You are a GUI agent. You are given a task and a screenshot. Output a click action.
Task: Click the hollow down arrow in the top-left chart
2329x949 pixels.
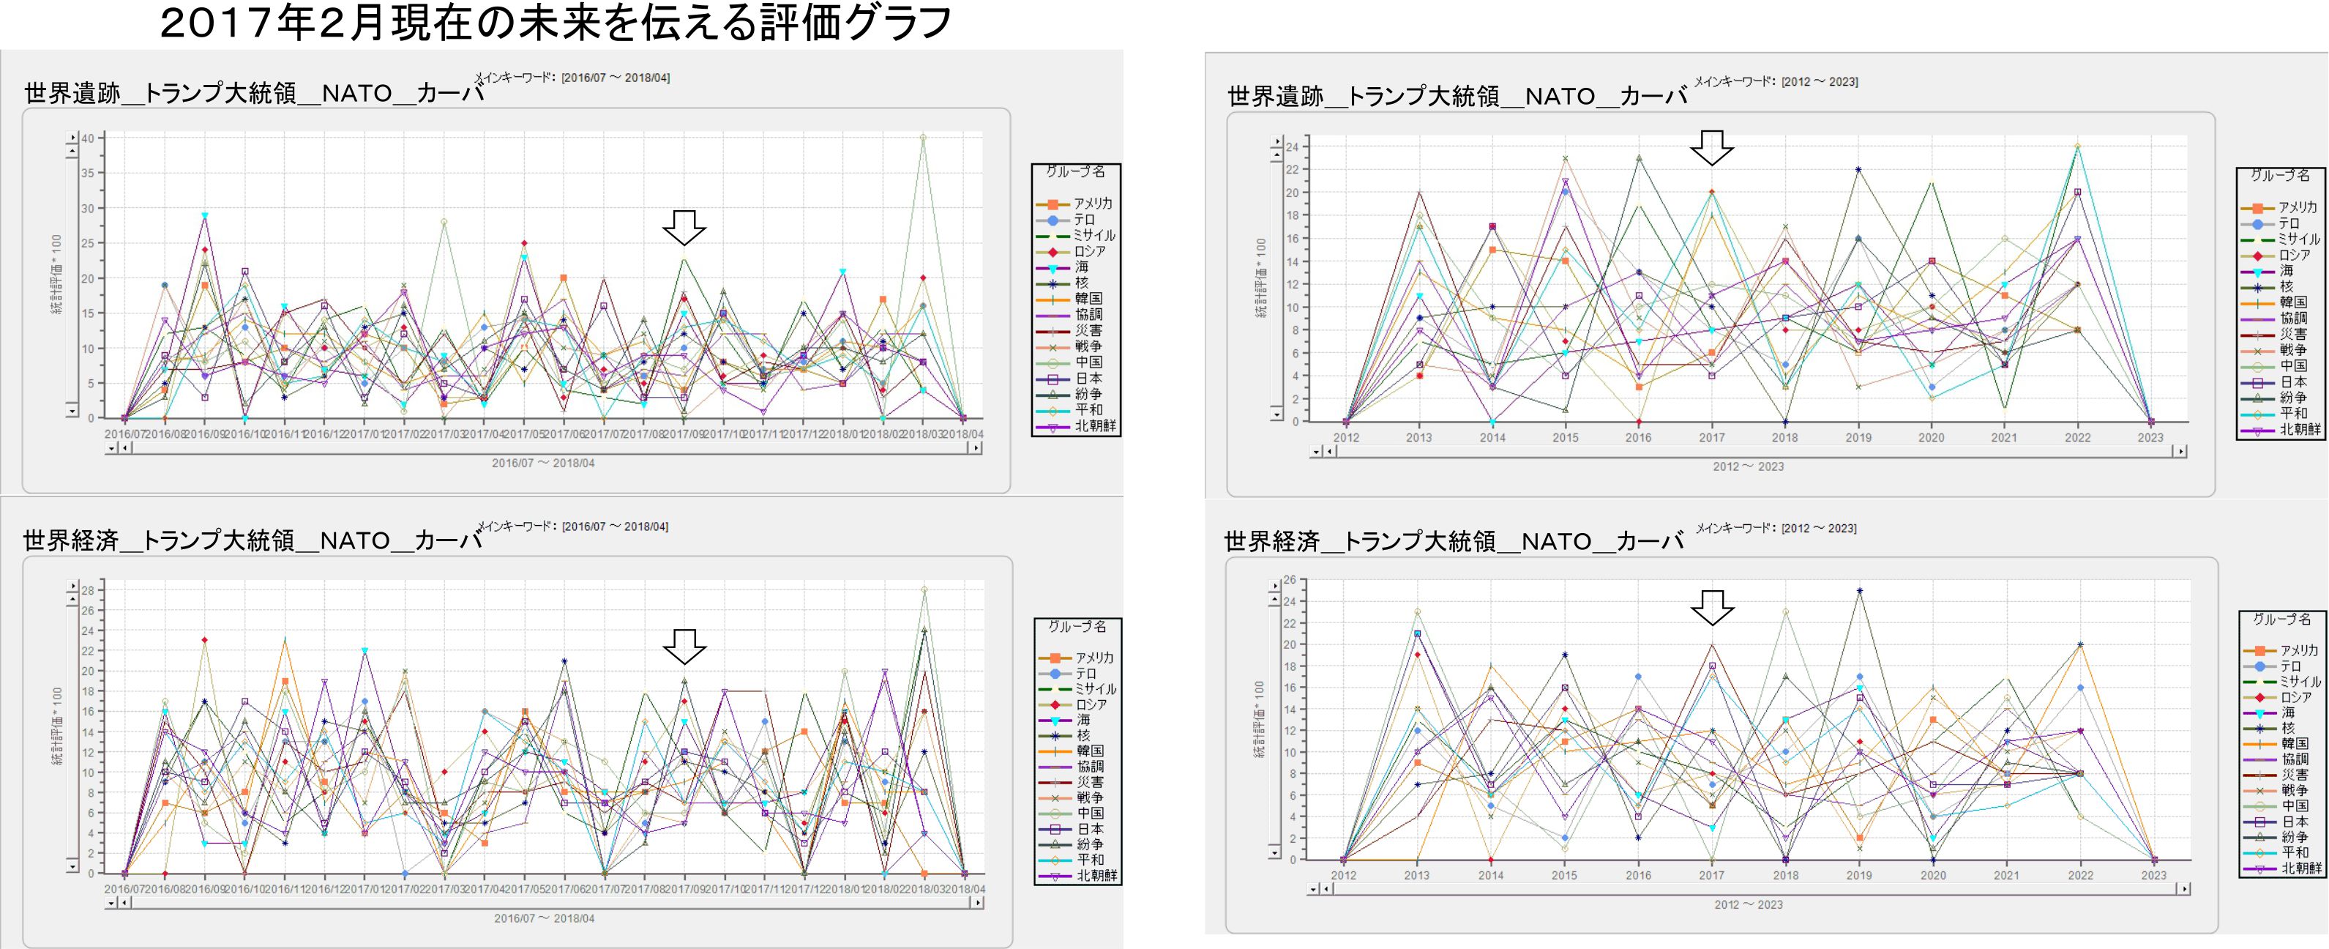[x=684, y=227]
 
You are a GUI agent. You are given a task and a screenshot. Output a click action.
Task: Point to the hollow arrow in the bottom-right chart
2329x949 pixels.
[x=1711, y=607]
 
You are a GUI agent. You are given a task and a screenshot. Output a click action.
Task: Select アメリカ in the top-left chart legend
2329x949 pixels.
[x=1092, y=204]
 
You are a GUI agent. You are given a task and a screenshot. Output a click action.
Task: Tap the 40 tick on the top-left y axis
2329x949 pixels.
[x=88, y=138]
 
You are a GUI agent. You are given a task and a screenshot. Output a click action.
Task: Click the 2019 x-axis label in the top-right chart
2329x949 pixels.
[x=1858, y=438]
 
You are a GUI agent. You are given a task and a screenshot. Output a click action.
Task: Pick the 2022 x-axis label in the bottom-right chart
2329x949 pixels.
[x=2080, y=875]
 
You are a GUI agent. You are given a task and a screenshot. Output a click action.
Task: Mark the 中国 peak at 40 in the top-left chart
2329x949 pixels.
[x=923, y=138]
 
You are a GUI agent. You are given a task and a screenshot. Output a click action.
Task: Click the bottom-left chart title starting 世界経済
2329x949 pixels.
[x=253, y=540]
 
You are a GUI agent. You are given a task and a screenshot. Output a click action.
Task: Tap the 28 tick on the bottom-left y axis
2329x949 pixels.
[x=88, y=590]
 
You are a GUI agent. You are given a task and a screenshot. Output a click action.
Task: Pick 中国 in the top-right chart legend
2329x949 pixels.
[x=2293, y=365]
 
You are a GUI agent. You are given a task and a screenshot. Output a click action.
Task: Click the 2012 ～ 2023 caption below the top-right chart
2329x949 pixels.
[x=1748, y=466]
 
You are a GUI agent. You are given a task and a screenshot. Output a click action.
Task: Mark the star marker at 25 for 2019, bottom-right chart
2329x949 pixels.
[x=1859, y=591]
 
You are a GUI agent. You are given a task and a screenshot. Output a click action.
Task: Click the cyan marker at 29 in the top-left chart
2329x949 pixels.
[x=205, y=215]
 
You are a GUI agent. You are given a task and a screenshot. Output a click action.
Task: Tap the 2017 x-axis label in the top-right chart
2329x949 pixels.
[x=1711, y=438]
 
